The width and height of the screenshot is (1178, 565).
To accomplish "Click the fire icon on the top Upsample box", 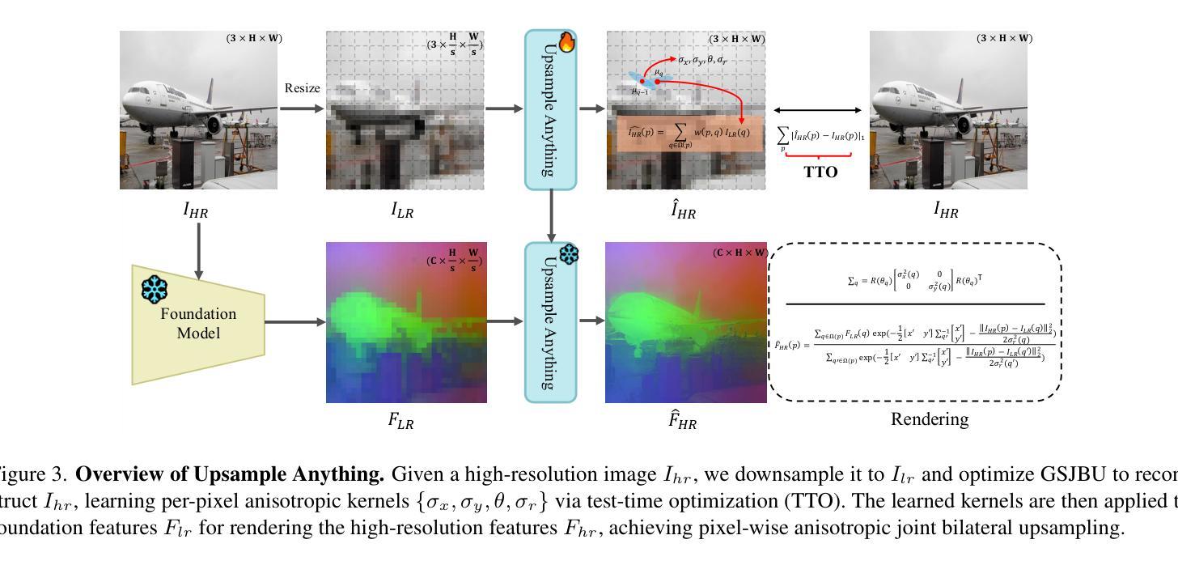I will tap(567, 42).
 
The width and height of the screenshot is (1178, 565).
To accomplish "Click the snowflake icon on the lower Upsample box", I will tap(569, 254).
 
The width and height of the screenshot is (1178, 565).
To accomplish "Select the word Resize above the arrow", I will tap(302, 88).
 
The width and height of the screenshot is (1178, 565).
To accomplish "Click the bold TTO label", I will tap(820, 172).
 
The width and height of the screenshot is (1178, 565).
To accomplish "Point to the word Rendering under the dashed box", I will tap(930, 419).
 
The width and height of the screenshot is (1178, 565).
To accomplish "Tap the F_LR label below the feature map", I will tap(401, 422).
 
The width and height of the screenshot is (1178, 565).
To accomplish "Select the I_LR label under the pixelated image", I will tap(402, 211).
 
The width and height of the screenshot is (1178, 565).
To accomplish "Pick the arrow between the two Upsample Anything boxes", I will tap(551, 215).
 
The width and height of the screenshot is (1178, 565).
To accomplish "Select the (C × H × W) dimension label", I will tap(739, 253).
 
